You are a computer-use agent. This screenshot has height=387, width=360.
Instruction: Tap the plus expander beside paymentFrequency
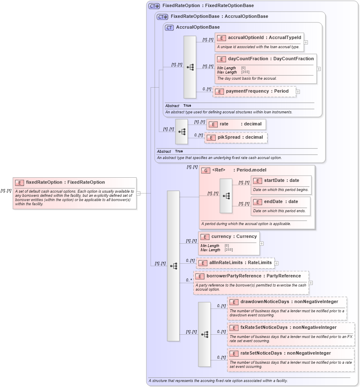point(298,91)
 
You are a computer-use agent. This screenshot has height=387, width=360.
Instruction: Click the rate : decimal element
point(236,124)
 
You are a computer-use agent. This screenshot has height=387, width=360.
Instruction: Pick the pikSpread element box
point(236,137)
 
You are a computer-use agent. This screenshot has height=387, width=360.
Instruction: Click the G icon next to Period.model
point(205,170)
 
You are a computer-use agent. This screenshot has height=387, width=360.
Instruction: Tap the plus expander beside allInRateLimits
point(277,263)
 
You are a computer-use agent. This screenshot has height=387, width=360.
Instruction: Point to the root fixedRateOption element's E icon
point(19,182)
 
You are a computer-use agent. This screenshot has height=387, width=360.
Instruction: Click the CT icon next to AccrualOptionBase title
point(169,27)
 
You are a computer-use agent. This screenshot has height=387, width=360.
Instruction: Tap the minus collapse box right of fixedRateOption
point(139,193)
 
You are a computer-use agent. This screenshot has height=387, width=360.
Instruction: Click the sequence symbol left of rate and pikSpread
point(182,131)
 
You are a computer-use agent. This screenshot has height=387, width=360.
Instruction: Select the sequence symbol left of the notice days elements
point(204,334)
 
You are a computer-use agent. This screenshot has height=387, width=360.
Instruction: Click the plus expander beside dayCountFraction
point(319,69)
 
